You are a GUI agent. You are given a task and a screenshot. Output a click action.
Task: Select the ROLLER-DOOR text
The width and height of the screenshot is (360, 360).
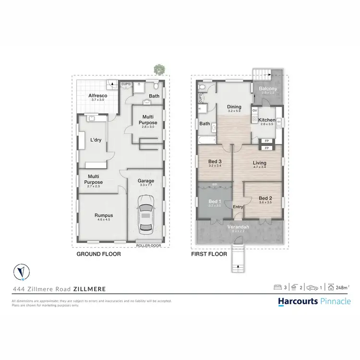[x=148, y=245]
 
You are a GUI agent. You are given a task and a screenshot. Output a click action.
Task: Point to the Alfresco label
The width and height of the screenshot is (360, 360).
[x=97, y=96]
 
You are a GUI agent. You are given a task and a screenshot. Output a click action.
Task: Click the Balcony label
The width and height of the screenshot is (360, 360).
[x=267, y=89]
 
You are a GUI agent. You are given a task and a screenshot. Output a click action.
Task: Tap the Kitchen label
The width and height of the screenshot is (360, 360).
[x=267, y=120]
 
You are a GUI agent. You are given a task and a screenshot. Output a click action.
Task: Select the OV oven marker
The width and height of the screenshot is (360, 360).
[x=255, y=110]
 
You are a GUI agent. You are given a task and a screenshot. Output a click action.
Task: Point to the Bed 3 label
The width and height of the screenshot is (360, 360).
[x=215, y=162]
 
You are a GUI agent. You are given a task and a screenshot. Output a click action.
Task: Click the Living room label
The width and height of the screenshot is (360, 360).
[x=260, y=163]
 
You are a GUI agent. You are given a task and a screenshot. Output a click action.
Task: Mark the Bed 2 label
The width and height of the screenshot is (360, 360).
[x=265, y=198]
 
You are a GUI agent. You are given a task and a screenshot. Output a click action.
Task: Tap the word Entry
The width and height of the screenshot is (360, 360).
[x=238, y=207]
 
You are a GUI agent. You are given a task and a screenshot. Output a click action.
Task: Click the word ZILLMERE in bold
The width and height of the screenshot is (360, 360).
[x=90, y=289]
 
